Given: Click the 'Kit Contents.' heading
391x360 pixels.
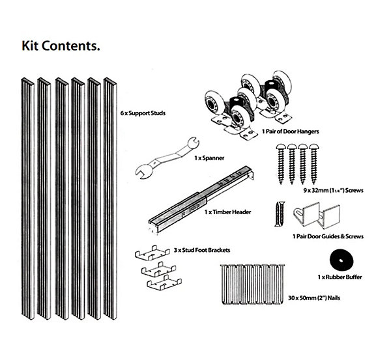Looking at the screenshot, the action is tap(61, 46).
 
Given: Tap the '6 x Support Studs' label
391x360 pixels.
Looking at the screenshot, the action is tap(143, 113).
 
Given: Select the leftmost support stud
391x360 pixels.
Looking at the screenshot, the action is tap(27, 199).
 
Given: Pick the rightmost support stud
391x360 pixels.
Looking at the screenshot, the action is tap(110, 199).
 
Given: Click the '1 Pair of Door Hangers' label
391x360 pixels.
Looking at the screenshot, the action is tap(290, 132).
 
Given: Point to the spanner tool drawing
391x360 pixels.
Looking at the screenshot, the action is tap(167, 158).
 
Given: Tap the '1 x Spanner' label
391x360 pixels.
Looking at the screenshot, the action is tap(209, 158).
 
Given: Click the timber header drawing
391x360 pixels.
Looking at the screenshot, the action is tap(201, 200).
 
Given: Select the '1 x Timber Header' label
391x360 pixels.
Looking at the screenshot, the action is tap(227, 212).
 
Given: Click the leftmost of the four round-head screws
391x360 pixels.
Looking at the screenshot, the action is tap(282, 164).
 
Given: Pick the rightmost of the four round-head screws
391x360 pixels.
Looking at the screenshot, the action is tap(314, 164).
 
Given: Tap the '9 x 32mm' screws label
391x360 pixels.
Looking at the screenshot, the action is tap(334, 190).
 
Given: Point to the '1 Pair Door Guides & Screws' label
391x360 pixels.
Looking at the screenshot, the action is tap(328, 236).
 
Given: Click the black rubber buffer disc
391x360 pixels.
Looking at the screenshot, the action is tap(341, 260).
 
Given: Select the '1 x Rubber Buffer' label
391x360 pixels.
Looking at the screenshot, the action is tap(340, 277).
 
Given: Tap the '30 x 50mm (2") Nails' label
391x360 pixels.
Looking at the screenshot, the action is tap(314, 298).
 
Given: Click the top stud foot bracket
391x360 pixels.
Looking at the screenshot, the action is tap(152, 253).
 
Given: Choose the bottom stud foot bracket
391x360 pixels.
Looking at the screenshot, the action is tap(164, 283).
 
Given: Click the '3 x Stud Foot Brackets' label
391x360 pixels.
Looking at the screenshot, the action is tap(202, 250).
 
